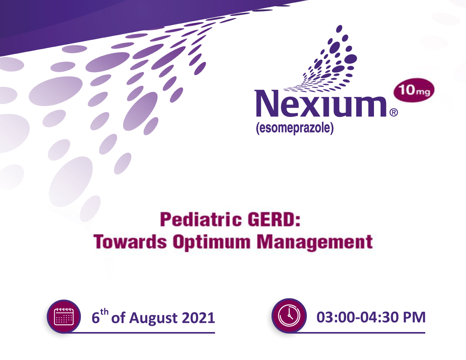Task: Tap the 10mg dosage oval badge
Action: [414, 90]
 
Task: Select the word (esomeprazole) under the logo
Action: [295, 128]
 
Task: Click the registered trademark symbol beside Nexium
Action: [393, 113]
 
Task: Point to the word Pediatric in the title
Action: [201, 219]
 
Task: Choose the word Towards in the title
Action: [130, 242]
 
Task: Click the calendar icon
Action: [64, 317]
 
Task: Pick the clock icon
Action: [289, 316]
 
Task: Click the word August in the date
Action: [153, 318]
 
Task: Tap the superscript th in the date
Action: [104, 311]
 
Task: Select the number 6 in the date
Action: [96, 318]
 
